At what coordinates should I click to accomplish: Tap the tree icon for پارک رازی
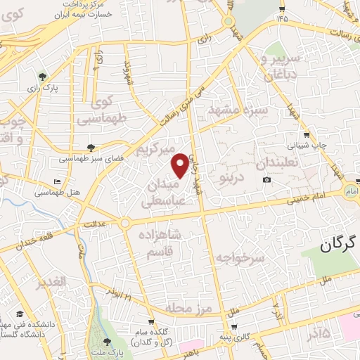point(44,76)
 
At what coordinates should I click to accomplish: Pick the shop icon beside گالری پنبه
point(233,327)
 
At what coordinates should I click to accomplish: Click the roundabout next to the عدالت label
point(124,224)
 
